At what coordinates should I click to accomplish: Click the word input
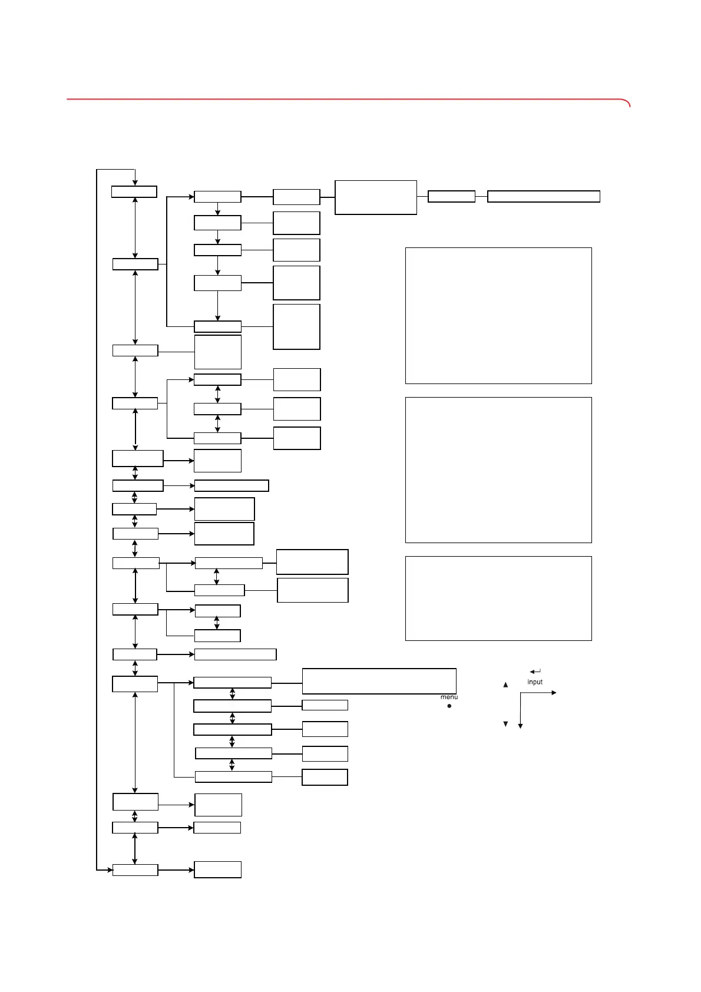(x=535, y=682)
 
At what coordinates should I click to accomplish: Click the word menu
(x=449, y=697)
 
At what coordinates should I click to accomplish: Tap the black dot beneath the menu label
(x=449, y=706)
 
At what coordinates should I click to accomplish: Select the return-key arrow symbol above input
(x=535, y=672)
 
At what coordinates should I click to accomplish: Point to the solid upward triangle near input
(x=505, y=685)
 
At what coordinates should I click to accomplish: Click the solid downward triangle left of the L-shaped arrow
(x=505, y=724)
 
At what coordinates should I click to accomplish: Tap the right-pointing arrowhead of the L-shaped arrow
(x=554, y=693)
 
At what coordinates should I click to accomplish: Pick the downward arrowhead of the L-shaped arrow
(x=520, y=726)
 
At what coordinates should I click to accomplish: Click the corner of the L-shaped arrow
(x=520, y=693)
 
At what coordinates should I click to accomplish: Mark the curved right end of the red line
(x=628, y=103)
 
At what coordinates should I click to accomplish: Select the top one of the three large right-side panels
(x=498, y=316)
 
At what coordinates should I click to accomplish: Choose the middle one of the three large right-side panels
(x=498, y=469)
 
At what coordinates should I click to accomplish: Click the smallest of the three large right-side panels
(x=498, y=598)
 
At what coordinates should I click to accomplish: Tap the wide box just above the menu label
(x=379, y=681)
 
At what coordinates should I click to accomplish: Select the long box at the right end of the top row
(x=544, y=197)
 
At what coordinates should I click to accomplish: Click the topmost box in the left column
(x=134, y=192)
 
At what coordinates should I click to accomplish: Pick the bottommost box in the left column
(x=135, y=870)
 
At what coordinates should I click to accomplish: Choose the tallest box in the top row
(x=376, y=197)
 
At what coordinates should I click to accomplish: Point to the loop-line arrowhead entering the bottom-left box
(x=110, y=869)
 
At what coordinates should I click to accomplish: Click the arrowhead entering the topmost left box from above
(x=135, y=183)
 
